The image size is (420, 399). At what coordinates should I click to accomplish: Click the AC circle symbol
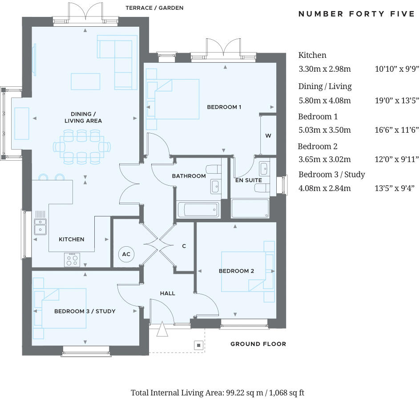[x=126, y=254]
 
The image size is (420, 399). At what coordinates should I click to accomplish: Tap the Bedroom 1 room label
[x=224, y=107]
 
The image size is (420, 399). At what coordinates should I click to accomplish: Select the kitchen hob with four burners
[x=72, y=259]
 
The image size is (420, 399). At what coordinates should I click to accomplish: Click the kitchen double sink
[x=40, y=226]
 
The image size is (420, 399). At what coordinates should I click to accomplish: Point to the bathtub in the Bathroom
[x=198, y=209]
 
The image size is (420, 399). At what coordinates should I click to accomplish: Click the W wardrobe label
[x=268, y=136]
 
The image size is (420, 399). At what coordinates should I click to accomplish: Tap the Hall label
[x=167, y=293]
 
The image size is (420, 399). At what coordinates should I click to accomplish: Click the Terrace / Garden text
[x=154, y=8]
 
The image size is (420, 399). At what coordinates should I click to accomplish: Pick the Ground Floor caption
[x=258, y=344]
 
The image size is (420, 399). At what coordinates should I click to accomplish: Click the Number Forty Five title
[x=356, y=14]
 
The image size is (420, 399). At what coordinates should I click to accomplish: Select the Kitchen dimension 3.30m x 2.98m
[x=325, y=69]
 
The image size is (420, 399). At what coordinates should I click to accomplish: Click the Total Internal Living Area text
[x=218, y=392]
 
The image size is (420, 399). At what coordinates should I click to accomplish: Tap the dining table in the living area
[x=82, y=146]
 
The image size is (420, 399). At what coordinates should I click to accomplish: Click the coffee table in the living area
[x=85, y=81]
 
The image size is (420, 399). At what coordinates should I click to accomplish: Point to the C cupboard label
[x=184, y=246]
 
